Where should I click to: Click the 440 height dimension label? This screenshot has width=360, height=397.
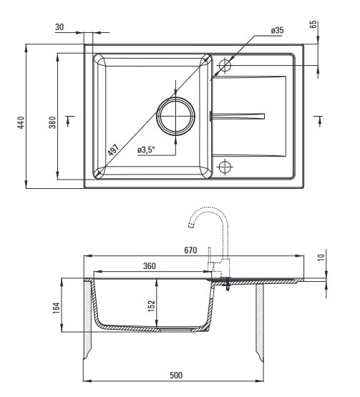point(21,122)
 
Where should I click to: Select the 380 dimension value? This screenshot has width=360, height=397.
point(52,122)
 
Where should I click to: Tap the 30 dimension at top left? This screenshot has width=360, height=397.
point(59,27)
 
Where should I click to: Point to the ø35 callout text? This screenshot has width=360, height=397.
point(277,30)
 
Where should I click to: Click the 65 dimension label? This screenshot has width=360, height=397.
point(313,24)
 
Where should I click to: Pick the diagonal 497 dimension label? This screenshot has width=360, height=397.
point(113,150)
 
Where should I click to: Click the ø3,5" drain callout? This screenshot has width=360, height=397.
point(146,150)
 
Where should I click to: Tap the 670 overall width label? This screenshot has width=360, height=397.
point(190,250)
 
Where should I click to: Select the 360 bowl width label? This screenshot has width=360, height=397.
point(150,266)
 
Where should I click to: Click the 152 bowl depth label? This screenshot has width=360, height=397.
point(151,306)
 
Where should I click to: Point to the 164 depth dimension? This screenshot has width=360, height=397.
point(56,308)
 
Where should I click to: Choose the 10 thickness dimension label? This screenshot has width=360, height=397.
point(321,258)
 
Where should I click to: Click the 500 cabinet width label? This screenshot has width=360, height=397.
point(176,375)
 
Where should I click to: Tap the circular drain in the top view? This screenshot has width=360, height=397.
point(175,116)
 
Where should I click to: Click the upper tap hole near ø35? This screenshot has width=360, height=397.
point(225,65)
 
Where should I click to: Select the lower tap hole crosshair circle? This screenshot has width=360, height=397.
point(225,167)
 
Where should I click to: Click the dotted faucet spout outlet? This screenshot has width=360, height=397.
point(191,225)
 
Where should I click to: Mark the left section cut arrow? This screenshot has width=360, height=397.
point(68,121)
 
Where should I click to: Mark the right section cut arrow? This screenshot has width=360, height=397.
point(319,121)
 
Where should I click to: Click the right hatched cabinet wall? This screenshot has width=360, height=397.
point(259,322)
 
